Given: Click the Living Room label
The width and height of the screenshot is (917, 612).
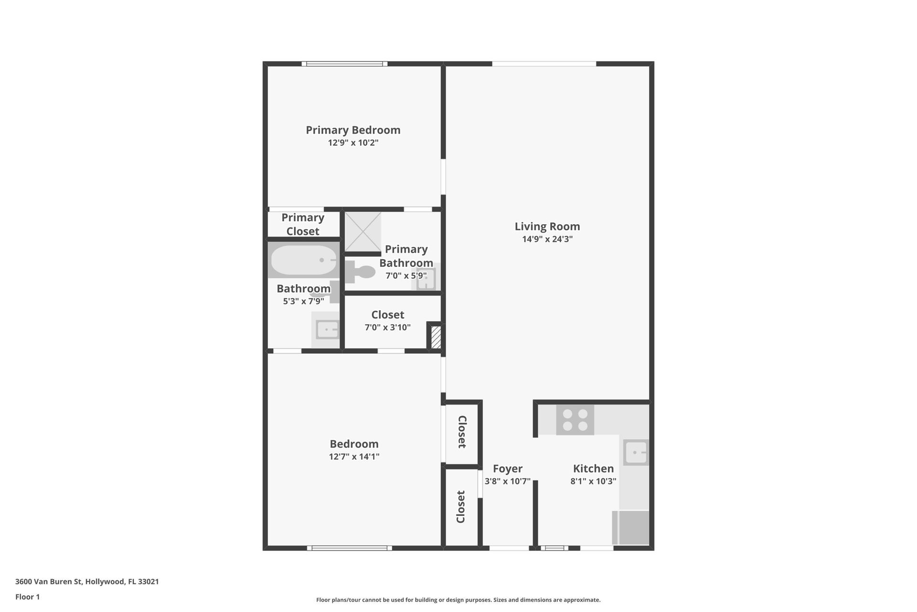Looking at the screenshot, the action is pyautogui.click(x=547, y=227).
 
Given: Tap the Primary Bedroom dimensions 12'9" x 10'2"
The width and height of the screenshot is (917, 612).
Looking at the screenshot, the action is pyautogui.click(x=353, y=143).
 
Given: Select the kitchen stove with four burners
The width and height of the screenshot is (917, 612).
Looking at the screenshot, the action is pyautogui.click(x=575, y=420).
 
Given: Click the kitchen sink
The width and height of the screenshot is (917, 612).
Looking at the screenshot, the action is pyautogui.click(x=636, y=452).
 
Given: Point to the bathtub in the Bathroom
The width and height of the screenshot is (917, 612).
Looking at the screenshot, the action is pyautogui.click(x=304, y=260).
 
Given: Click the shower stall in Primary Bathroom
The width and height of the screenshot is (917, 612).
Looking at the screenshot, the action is pyautogui.click(x=363, y=232).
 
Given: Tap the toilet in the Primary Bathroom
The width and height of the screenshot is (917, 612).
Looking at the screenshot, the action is pyautogui.click(x=361, y=272).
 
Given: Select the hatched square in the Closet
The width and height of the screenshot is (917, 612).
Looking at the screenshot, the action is pyautogui.click(x=436, y=337).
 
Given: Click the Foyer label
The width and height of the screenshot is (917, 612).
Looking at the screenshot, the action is pyautogui.click(x=508, y=469).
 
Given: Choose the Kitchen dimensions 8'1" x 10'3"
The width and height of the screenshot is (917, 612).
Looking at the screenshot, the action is pyautogui.click(x=593, y=481).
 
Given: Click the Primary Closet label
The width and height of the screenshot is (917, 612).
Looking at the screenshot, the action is pyautogui.click(x=303, y=224).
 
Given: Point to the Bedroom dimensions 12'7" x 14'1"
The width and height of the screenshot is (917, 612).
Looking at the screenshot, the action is pyautogui.click(x=354, y=457).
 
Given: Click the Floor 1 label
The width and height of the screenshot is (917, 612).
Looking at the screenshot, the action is pyautogui.click(x=27, y=597).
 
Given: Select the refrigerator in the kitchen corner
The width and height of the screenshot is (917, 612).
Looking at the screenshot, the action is pyautogui.click(x=631, y=528).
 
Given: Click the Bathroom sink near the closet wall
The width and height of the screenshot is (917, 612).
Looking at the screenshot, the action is pyautogui.click(x=327, y=329).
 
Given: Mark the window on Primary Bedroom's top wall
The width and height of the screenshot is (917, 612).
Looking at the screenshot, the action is pyautogui.click(x=344, y=64).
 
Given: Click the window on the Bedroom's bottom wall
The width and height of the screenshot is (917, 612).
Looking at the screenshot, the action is pyautogui.click(x=350, y=548).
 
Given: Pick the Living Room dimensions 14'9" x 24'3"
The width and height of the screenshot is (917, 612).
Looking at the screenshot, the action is pyautogui.click(x=547, y=239).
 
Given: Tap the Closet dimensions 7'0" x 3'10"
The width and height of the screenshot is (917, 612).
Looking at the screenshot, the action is pyautogui.click(x=388, y=328).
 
